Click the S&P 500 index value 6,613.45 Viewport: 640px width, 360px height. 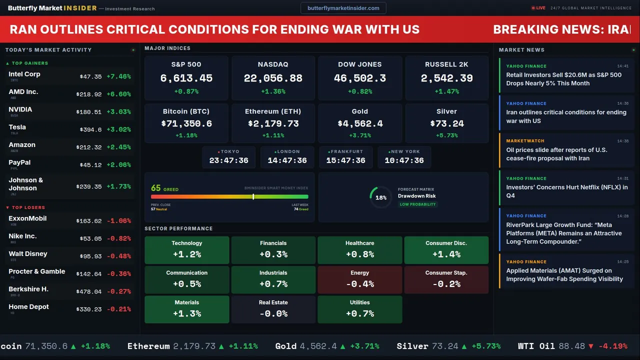[186, 78]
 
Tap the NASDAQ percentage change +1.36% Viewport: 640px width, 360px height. [273, 91]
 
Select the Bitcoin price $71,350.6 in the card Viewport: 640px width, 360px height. [186, 123]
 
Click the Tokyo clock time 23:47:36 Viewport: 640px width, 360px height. [228, 160]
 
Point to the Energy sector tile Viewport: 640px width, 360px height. [359, 279]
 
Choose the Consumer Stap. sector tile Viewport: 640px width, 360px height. [446, 279]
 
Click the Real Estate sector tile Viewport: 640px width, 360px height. [273, 309]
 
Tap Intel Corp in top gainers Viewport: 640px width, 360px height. [24, 74]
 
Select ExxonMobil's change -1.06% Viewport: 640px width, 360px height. [118, 221]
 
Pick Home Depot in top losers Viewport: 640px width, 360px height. [28, 307]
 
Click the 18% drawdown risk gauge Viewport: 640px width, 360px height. [380, 197]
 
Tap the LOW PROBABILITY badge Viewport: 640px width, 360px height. [417, 204]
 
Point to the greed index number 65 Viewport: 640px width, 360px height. [156, 188]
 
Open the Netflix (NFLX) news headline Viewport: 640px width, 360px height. [567, 191]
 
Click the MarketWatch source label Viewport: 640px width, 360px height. [525, 141]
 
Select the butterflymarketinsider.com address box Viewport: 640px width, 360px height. [343, 8]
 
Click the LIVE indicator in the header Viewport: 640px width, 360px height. [538, 8]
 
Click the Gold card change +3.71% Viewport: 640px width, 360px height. [359, 135]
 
